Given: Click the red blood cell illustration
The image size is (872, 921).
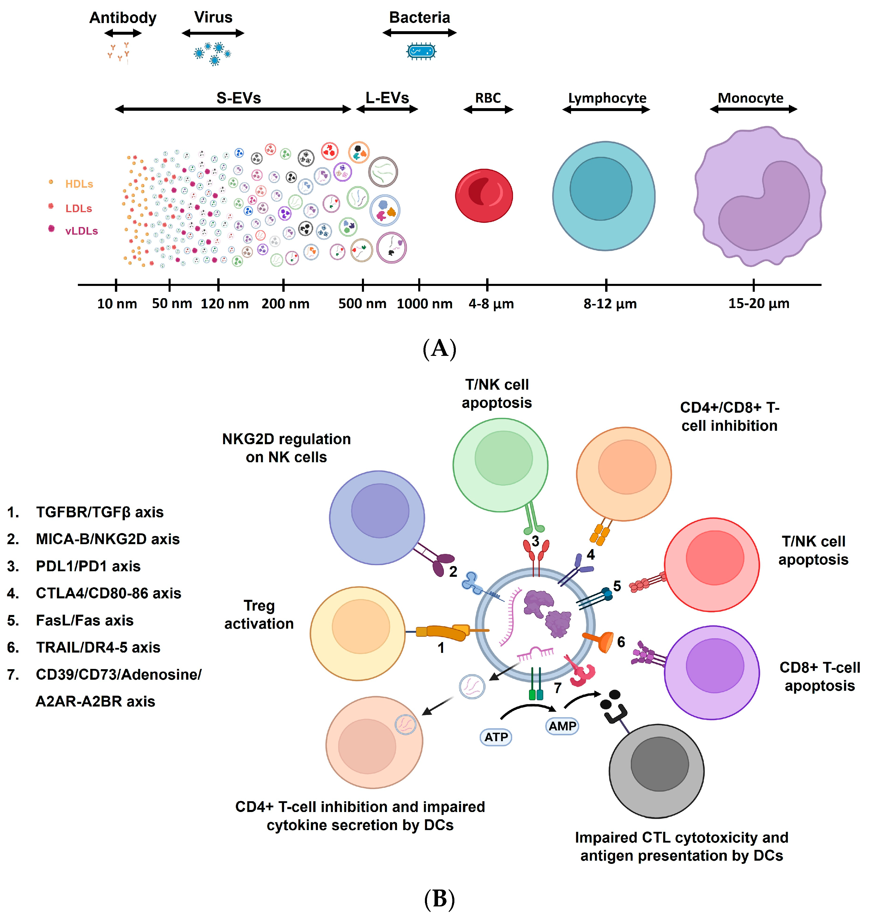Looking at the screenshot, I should tap(484, 196).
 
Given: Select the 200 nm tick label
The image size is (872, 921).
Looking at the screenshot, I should tap(285, 304).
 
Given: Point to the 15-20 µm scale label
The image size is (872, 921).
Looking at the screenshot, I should tap(758, 304).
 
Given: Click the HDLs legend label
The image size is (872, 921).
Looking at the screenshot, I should tap(79, 184).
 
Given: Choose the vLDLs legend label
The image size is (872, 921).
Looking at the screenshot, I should tap(81, 231).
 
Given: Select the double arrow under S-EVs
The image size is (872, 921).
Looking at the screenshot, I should tap(232, 109).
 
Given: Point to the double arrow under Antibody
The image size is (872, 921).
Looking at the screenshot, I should tap(123, 33).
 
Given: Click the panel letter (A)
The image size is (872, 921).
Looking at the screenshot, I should tap(439, 348).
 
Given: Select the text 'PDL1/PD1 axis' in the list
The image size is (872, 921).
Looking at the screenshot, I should tap(88, 566).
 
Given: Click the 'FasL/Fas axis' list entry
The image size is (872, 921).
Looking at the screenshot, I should tap(85, 621).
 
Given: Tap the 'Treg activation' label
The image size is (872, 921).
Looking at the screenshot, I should tap(259, 614).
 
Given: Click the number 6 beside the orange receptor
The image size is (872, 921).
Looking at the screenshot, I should tap(621, 642).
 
